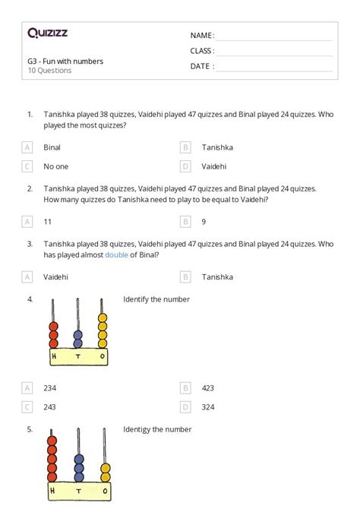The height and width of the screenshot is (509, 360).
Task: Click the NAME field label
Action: (x=202, y=36)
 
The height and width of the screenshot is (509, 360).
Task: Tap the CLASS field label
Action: (x=202, y=51)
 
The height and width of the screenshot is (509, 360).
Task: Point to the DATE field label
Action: (x=202, y=66)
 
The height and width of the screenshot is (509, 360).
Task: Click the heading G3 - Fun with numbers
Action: (x=65, y=61)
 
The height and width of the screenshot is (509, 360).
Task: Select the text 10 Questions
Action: (x=49, y=71)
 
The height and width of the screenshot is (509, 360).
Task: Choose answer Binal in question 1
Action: (x=52, y=147)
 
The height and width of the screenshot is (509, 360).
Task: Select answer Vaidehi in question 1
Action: (x=213, y=166)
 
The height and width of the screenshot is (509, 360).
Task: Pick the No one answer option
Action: (x=55, y=166)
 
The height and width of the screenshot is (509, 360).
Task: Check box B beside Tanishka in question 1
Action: (x=185, y=147)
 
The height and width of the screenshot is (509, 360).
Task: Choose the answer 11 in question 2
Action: (x=48, y=221)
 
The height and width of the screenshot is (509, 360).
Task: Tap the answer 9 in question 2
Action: (x=204, y=221)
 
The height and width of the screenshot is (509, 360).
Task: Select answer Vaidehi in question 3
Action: (x=55, y=277)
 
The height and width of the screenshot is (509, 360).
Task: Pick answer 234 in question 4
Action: (x=50, y=387)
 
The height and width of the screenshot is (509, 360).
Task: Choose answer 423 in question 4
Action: (x=208, y=387)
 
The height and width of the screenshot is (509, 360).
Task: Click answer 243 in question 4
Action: (x=50, y=406)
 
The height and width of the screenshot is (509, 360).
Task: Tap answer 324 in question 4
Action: (x=208, y=406)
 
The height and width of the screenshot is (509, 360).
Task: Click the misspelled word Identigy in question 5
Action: (x=138, y=429)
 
